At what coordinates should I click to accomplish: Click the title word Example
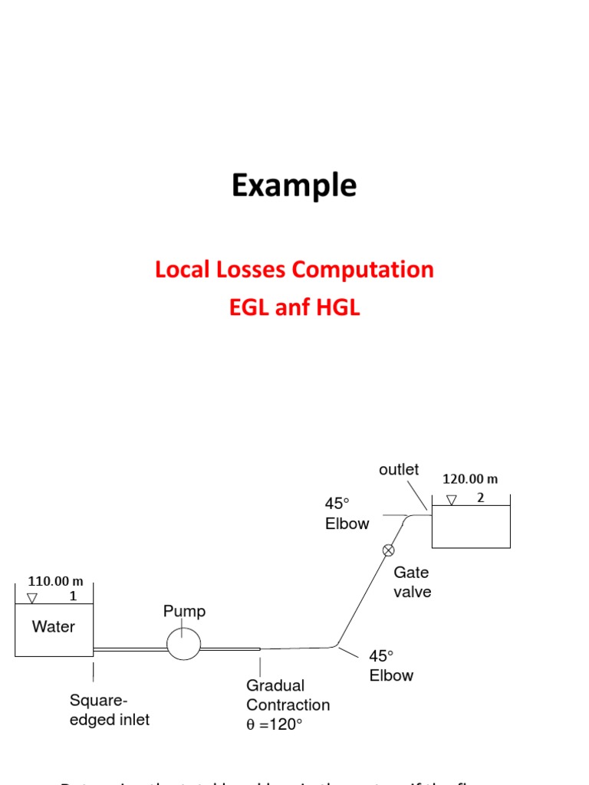[294, 186]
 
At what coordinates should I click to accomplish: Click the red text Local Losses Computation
[294, 270]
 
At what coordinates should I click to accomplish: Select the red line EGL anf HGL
[294, 308]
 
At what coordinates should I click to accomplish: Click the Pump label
[184, 612]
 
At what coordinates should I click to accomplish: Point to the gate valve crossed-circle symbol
[389, 549]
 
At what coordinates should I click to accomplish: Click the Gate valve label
[413, 582]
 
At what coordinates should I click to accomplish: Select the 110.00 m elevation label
[55, 581]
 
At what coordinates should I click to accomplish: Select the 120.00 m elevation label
[470, 479]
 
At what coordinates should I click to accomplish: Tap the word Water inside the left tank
[54, 626]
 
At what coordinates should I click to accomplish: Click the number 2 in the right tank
[481, 497]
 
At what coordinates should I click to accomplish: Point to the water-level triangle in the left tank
[31, 598]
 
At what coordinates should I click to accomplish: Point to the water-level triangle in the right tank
[452, 500]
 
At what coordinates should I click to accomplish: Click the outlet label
[399, 470]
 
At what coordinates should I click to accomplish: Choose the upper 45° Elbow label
[347, 514]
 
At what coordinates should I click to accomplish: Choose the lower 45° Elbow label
[391, 665]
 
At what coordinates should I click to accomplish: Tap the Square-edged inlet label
[109, 710]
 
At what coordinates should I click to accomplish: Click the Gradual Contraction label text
[288, 695]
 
